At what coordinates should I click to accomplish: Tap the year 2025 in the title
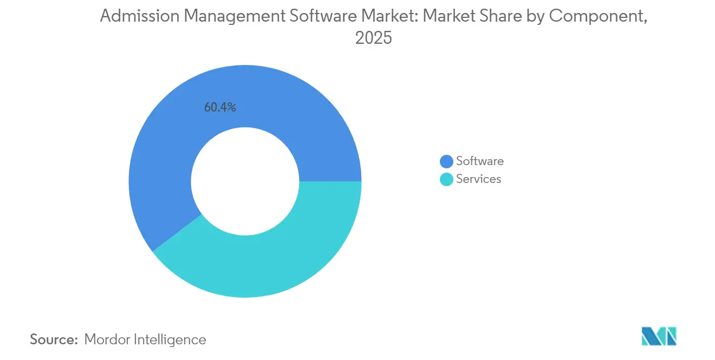[373, 38]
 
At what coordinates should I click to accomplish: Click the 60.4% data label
[220, 107]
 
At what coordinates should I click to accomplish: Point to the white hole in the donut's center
[245, 181]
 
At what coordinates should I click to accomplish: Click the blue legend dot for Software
[446, 161]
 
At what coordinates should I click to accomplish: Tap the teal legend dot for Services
[446, 179]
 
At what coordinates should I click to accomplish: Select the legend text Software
[479, 161]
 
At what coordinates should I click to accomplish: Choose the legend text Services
[478, 179]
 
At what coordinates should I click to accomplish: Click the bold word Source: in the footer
[54, 339]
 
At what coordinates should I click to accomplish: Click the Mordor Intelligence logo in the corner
[659, 336]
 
